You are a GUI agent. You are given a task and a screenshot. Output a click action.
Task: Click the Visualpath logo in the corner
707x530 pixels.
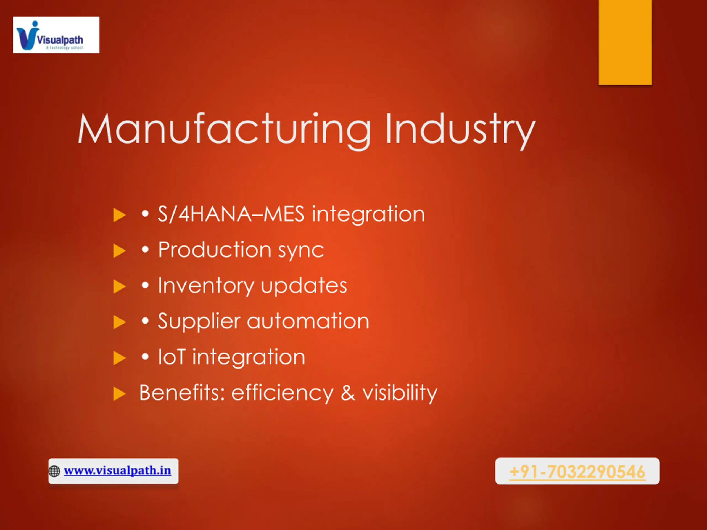point(56,35)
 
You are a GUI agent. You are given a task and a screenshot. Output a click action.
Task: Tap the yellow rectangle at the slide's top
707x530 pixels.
point(625,42)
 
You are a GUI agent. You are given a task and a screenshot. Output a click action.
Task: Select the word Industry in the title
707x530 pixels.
point(460,130)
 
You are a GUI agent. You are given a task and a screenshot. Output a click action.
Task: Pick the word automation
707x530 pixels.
point(308,321)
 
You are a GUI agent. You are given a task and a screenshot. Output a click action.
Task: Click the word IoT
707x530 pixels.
point(172,357)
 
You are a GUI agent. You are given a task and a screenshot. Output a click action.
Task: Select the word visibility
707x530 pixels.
point(400,393)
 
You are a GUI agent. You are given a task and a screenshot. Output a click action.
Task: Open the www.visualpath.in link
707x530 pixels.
point(117,471)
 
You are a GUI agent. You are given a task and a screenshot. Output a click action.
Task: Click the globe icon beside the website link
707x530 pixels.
point(54,471)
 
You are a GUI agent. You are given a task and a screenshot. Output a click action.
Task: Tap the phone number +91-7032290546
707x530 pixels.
point(577,471)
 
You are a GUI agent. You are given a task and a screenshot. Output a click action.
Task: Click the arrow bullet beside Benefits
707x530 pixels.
point(120,394)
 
